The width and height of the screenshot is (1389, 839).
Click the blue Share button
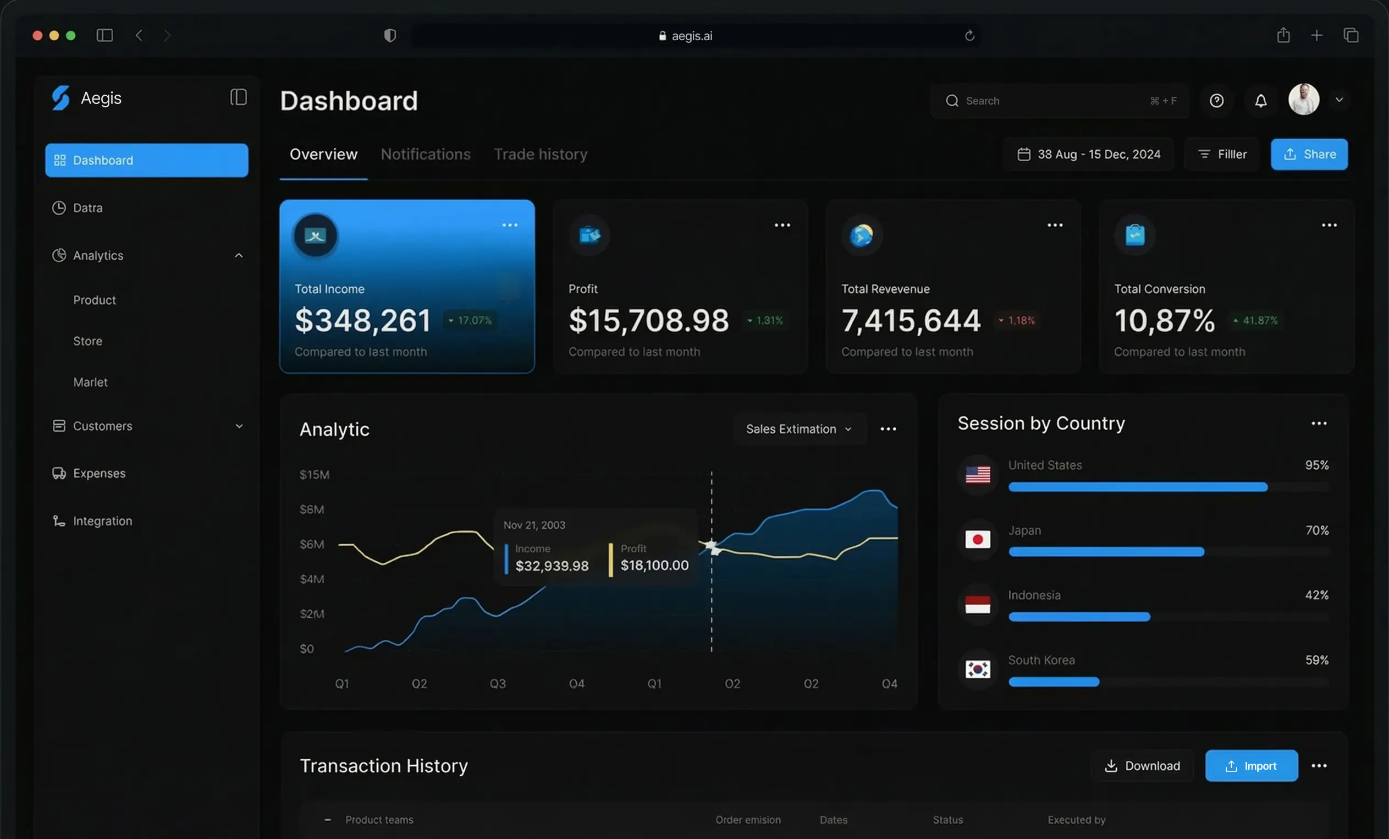(1309, 154)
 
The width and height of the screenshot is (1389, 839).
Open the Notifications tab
(426, 154)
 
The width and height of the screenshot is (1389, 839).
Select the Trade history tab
(541, 154)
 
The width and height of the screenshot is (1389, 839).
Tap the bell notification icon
(1260, 100)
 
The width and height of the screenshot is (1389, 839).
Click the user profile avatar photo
(1303, 100)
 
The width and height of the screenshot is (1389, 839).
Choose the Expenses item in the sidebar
(99, 473)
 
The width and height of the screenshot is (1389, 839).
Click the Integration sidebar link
(103, 521)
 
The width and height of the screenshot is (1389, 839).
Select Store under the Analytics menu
(88, 341)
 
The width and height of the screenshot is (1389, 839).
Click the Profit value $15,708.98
(648, 320)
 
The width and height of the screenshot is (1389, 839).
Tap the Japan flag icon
(978, 540)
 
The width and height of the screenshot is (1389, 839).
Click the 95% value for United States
(1316, 465)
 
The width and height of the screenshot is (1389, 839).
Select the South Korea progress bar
(1054, 682)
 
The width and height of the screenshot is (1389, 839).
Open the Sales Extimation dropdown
(799, 429)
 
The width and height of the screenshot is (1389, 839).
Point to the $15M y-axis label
(315, 475)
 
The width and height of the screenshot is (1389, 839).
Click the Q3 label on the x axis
(497, 684)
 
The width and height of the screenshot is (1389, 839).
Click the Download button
(1142, 766)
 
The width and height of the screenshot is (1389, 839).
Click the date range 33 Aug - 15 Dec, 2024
(1089, 154)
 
